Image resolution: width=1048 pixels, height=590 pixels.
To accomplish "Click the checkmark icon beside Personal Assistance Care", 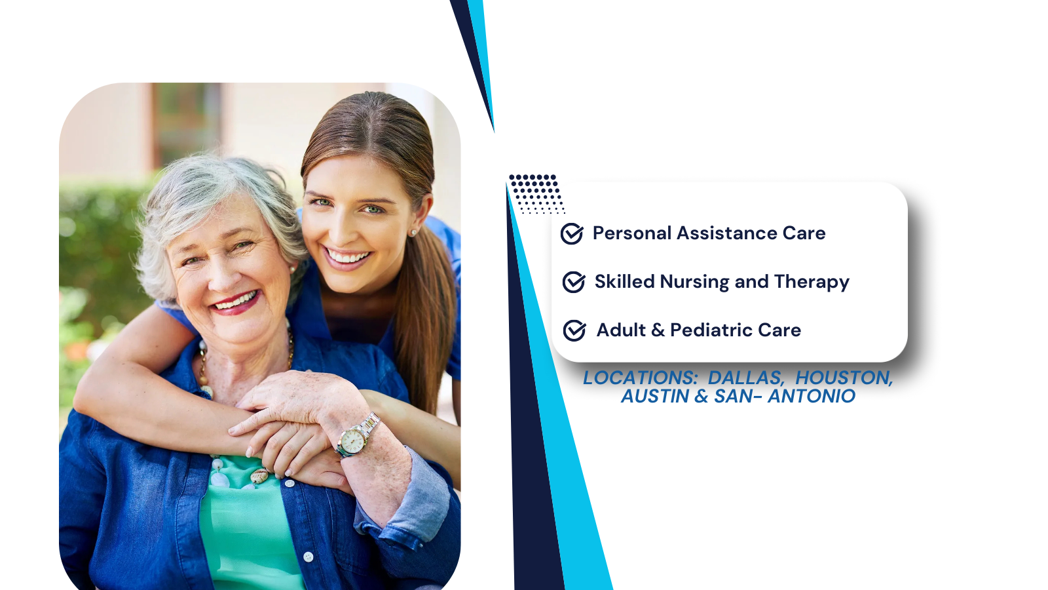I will click(x=572, y=233).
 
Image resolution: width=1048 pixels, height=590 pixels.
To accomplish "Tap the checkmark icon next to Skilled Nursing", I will click(x=574, y=282).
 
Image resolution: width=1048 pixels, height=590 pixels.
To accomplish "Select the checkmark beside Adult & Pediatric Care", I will click(x=574, y=330).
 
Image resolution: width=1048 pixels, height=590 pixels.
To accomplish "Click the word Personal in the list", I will click(x=632, y=233).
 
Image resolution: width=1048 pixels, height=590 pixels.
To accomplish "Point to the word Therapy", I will click(x=812, y=283).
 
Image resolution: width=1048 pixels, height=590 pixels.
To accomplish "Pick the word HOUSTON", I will click(x=844, y=378).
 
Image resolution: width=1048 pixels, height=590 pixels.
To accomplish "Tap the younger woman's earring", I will click(x=413, y=232).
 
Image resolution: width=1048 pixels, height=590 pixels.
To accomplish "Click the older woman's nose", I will click(x=221, y=276).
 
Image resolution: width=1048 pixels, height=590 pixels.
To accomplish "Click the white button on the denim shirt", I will click(x=309, y=557).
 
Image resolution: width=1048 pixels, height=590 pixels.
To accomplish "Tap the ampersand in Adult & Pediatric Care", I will click(x=658, y=330).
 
